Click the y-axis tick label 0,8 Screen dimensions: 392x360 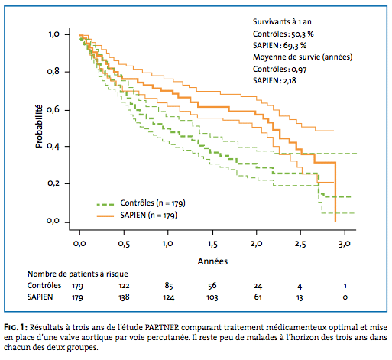point(53,71)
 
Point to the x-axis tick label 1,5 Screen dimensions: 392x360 point(212,244)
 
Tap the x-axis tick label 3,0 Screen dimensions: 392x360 point(345,244)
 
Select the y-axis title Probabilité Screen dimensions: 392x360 point(39,126)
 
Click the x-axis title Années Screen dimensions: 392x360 point(212,261)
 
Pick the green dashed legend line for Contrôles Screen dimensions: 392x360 point(105,204)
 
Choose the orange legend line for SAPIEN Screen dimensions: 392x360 point(105,216)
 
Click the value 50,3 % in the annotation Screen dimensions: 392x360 point(303,34)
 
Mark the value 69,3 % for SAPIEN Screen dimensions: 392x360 point(295,46)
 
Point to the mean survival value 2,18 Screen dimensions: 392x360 point(290,81)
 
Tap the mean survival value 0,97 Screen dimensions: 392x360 point(299,70)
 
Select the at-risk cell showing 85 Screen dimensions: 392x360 point(169,286)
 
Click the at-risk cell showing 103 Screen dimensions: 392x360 point(212,297)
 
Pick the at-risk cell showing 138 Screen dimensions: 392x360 point(124,297)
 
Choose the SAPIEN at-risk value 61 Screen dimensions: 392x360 point(258,297)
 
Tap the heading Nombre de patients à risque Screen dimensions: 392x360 point(78,274)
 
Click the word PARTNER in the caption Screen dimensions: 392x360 point(162,327)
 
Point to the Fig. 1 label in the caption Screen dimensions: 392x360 point(15,327)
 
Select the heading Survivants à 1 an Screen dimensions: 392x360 point(282,22)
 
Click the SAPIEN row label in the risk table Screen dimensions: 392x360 point(40,297)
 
